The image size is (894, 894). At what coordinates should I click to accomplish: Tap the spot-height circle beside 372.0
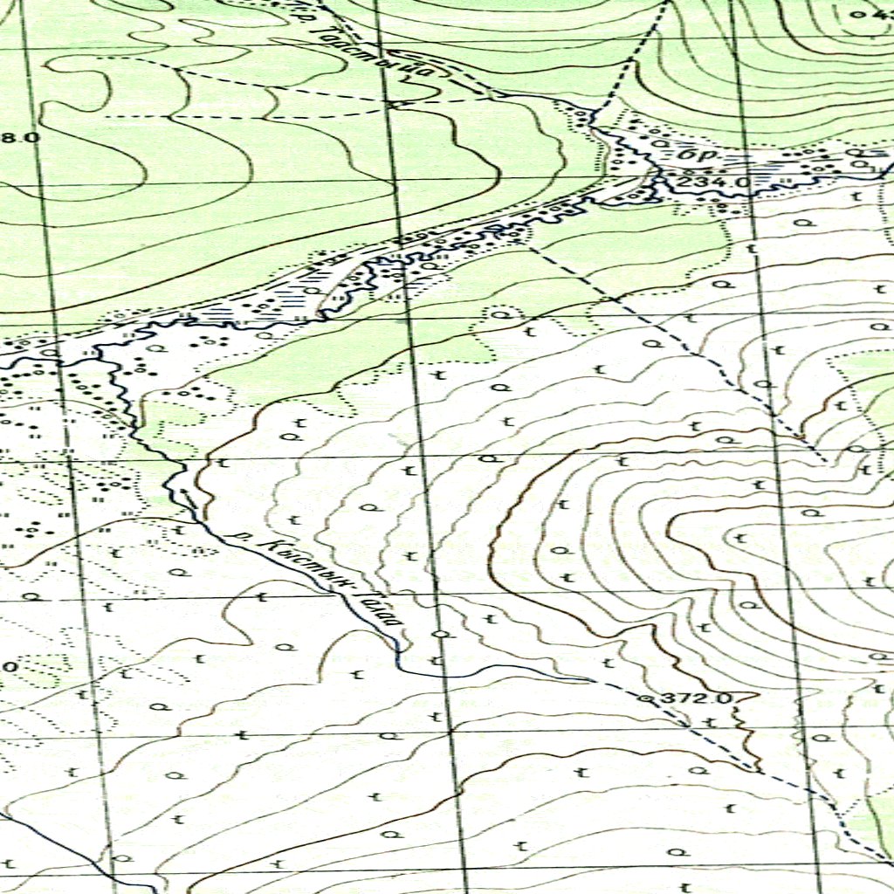pyautogui.click(x=646, y=699)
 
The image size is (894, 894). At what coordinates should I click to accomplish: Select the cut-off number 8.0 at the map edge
pyautogui.click(x=19, y=137)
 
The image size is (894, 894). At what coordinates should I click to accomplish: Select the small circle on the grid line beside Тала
pyautogui.click(x=442, y=633)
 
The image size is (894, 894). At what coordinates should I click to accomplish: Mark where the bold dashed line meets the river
pyautogui.click(x=594, y=113)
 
